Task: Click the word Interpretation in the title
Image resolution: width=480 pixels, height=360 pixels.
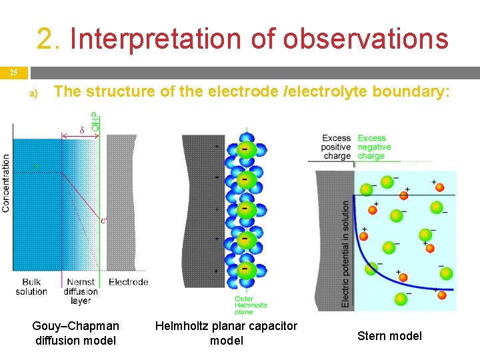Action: click(159, 39)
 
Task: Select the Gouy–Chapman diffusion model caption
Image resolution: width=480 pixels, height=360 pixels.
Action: click(75, 333)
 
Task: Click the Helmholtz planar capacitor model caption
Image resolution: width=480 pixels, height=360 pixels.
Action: click(226, 333)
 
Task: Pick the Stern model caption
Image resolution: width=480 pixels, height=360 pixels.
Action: click(389, 335)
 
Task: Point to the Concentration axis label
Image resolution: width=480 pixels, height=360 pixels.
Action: click(6, 183)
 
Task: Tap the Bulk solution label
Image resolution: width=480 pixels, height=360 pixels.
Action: click(31, 287)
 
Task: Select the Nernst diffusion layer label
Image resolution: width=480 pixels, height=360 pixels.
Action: click(81, 291)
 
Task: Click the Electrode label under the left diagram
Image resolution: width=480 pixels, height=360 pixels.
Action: click(128, 282)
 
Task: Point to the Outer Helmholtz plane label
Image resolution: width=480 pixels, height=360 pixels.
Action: click(253, 304)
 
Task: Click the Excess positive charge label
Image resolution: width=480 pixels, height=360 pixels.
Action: click(336, 147)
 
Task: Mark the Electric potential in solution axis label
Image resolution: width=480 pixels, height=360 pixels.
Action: click(345, 253)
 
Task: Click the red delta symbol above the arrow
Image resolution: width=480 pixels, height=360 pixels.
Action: click(81, 130)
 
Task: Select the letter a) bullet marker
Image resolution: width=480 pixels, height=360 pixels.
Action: click(34, 94)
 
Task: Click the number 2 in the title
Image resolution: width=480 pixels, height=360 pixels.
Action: click(46, 39)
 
